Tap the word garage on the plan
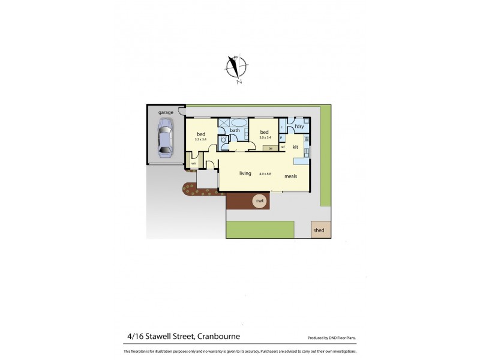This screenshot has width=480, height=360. click(x=166, y=112)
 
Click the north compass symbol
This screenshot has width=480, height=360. click(x=236, y=68)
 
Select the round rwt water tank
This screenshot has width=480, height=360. click(x=260, y=201)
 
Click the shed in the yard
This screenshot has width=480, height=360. click(x=319, y=230)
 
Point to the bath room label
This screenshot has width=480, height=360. click(x=235, y=130)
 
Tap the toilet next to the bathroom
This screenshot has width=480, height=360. click(x=223, y=140)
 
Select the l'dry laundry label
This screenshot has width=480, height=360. click(x=299, y=127)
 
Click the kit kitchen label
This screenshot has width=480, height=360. click(x=295, y=146)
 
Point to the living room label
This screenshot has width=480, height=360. click(x=245, y=173)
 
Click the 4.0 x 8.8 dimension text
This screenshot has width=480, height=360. click(x=265, y=174)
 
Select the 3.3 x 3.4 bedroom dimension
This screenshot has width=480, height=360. click(x=200, y=139)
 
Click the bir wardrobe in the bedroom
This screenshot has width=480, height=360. click(x=271, y=148)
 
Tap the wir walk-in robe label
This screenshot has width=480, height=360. click(x=194, y=163)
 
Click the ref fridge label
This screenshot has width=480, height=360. click(x=282, y=147)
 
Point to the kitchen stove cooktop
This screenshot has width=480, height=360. click(x=306, y=140)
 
